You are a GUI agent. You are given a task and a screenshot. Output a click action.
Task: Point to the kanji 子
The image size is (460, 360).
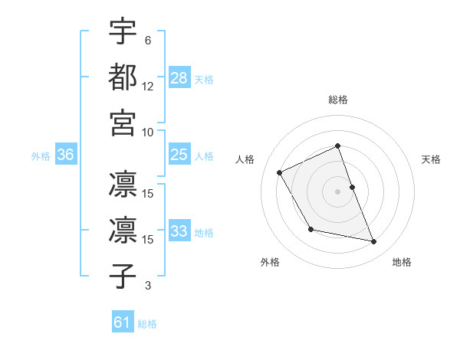point(123,277)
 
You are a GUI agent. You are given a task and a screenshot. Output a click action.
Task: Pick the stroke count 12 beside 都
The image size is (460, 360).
point(148,86)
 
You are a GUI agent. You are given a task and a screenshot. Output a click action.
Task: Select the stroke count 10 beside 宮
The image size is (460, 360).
point(148,131)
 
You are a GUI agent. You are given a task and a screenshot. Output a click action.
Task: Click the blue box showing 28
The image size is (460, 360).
point(179,78)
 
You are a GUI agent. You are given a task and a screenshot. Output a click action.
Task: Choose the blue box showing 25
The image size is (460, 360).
point(179,155)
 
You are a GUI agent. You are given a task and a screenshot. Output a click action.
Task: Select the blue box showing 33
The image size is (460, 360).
point(179,232)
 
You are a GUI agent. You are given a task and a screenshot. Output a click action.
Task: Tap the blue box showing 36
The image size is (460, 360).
point(65,155)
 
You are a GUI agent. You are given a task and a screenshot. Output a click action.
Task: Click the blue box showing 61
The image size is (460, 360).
point(123,322)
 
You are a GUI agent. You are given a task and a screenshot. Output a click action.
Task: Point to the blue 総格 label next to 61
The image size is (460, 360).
point(147,324)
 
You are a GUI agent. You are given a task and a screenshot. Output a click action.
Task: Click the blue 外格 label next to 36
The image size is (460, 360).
point(41,156)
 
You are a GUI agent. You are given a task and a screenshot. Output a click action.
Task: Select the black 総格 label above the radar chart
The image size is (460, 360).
point(338,100)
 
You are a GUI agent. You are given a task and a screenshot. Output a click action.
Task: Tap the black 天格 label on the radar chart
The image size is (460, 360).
point(432,159)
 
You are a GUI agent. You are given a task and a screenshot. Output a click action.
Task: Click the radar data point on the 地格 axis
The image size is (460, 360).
point(374,242)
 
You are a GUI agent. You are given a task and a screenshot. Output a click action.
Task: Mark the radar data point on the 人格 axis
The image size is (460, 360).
point(280,172)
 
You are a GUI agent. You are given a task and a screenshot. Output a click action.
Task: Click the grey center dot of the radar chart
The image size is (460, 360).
point(338,191)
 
